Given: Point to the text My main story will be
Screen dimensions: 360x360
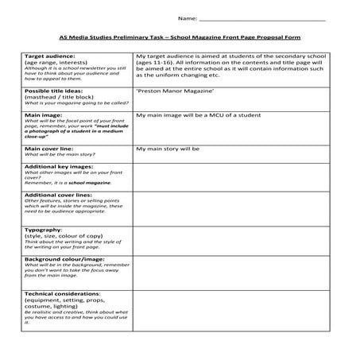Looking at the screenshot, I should (x=168, y=149).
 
